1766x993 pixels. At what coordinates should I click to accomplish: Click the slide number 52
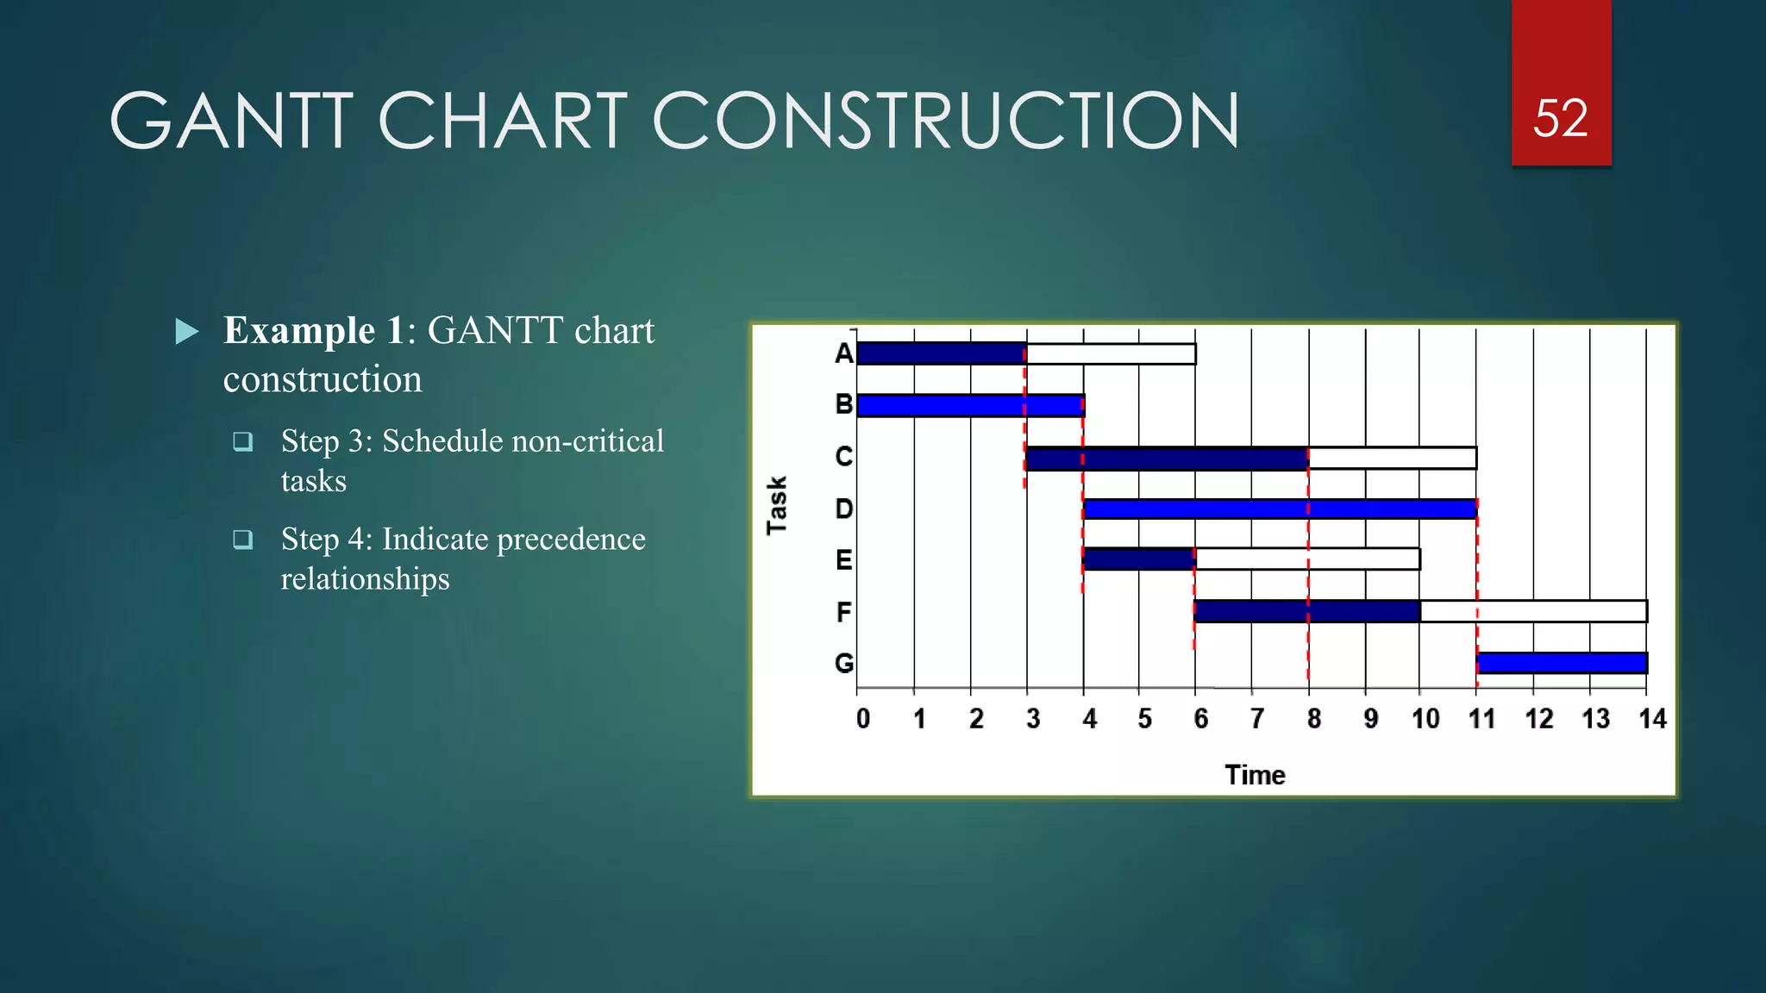1560,118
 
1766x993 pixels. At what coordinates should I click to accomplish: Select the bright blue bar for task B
970,405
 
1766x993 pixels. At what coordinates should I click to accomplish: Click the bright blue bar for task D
1280,509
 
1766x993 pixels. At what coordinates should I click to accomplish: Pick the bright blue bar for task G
1562,663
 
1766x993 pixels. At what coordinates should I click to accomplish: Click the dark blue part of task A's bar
941,353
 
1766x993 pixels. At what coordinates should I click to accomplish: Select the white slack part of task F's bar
1533,611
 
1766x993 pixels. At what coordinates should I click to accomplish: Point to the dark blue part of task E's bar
1138,559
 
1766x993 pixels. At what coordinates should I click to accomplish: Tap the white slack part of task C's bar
1392,458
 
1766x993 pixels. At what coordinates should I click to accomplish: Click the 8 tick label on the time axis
1313,718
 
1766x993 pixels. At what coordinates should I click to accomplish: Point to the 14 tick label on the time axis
1652,718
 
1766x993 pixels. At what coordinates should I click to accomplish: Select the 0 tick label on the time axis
862,718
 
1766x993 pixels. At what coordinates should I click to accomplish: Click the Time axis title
1255,775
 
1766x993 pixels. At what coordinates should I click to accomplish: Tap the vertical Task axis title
777,505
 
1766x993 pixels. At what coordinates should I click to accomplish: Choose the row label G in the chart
843,663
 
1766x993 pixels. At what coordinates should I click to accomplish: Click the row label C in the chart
843,456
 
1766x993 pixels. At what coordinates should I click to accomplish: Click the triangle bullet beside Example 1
186,332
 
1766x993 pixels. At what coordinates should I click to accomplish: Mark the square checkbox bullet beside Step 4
243,540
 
